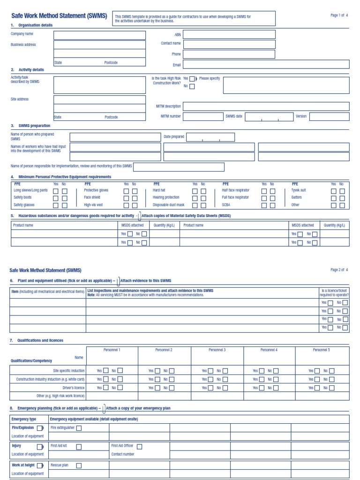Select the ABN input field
pos(229,34)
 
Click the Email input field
pos(266,65)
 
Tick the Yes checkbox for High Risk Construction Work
pos(192,79)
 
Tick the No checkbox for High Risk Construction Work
pos(192,87)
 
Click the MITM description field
pos(266,106)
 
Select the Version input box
pos(329,117)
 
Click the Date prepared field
pos(210,137)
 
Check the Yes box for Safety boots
pos(56,198)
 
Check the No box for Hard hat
pos(203,191)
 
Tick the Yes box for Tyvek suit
pos(334,191)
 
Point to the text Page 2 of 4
pos(339,270)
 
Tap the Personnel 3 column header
pos(217,350)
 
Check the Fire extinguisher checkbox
pos(79,428)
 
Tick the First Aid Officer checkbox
pos(139,447)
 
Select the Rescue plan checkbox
pos(79,465)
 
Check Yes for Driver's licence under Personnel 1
pos(105,388)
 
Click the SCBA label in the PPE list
pos(226,205)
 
